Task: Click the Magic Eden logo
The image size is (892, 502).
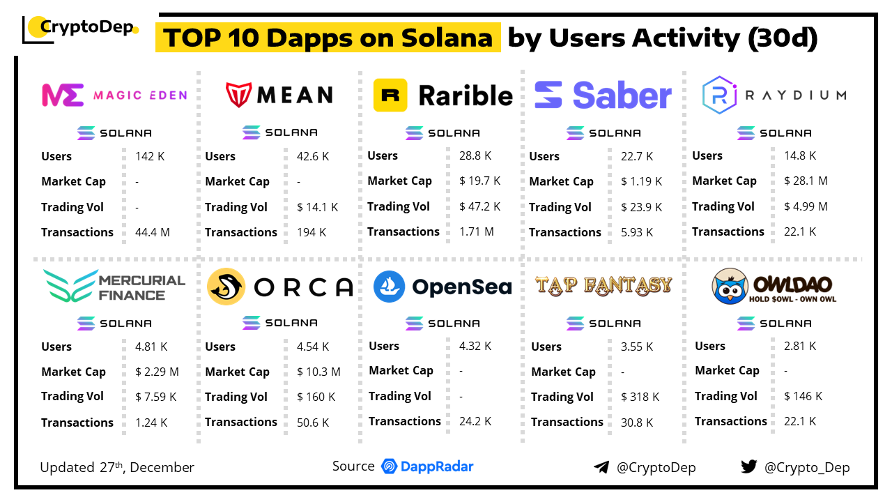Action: click(x=63, y=95)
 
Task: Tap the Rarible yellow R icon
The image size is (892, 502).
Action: click(x=390, y=95)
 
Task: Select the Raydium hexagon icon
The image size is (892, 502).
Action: click(x=719, y=95)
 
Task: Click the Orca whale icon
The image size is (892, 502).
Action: click(x=226, y=287)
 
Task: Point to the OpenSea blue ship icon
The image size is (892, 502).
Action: click(x=389, y=287)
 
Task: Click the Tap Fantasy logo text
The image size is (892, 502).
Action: click(x=603, y=284)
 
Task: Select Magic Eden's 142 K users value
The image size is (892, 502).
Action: click(x=150, y=156)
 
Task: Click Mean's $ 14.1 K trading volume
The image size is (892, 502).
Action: click(x=317, y=207)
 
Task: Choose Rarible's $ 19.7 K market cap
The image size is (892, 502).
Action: click(x=479, y=181)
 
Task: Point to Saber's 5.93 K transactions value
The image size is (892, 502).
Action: click(x=637, y=232)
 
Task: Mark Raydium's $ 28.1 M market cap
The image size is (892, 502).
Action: click(x=805, y=181)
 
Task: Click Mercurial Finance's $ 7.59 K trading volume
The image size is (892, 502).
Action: click(x=155, y=397)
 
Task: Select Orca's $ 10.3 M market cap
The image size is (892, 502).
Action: click(x=318, y=372)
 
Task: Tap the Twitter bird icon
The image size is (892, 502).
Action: click(x=748, y=466)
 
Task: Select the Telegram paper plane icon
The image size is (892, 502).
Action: click(x=601, y=467)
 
